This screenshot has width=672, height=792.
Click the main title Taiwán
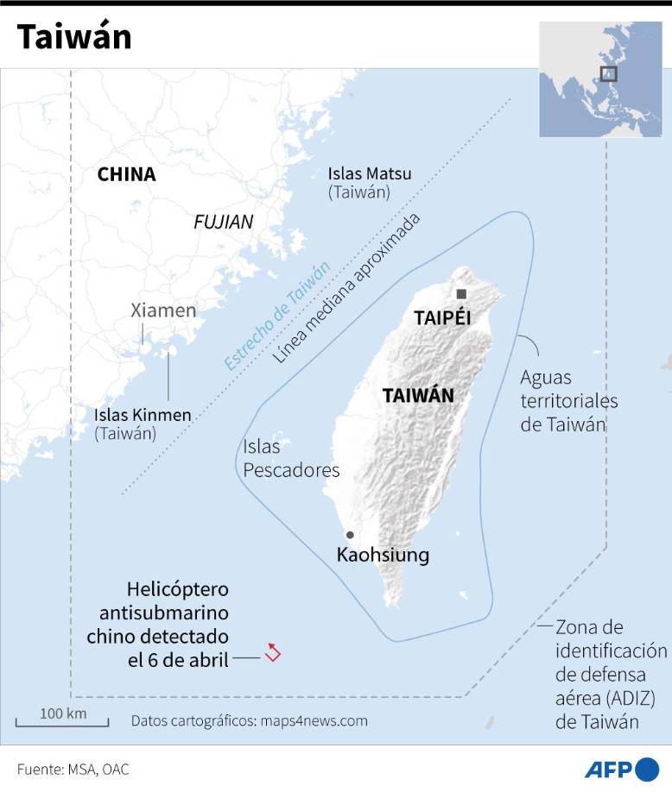[x=74, y=37]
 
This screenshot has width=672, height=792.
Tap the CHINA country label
[x=126, y=174]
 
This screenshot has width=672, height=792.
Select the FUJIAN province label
[x=224, y=222]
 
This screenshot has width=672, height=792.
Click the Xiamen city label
[x=163, y=311]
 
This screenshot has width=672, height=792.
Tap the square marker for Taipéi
[x=462, y=294]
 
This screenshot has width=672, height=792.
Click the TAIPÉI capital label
[x=442, y=317]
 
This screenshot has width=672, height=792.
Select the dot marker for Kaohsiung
[x=350, y=535]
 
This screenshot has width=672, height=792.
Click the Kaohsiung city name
[x=383, y=555]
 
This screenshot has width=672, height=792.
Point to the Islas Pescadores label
[x=291, y=458]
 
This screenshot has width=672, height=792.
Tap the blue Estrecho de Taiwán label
[x=276, y=316]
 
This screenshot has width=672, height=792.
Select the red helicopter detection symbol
[x=273, y=652]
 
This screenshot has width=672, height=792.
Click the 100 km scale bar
[x=61, y=720]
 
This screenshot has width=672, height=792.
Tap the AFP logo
[x=622, y=768]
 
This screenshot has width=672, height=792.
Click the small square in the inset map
[x=609, y=73]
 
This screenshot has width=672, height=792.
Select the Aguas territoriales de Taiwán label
[x=568, y=401]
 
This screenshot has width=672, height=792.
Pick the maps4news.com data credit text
[x=250, y=720]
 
